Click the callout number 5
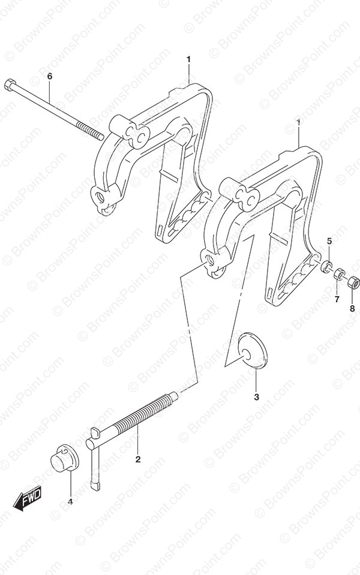click(329, 241)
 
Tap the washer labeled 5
click(326, 266)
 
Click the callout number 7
click(337, 299)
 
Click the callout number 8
click(352, 308)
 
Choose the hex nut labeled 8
click(353, 282)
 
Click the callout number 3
click(257, 397)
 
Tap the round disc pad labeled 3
click(253, 349)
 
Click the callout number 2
click(138, 459)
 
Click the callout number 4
click(70, 501)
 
